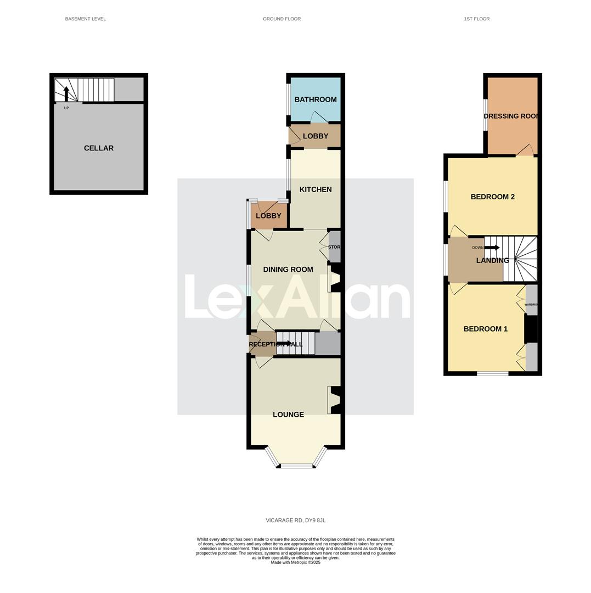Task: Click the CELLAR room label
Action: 99,148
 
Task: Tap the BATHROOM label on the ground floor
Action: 316,99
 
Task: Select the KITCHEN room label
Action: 316,189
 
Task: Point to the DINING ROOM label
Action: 288,270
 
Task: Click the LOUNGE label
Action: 289,415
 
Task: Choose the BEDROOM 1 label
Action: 486,329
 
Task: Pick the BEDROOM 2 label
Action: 493,197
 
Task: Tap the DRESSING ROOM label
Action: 511,116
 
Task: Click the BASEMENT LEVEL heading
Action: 86,19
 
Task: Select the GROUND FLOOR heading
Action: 282,19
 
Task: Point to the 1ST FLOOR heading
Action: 477,19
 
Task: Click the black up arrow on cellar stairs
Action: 66,93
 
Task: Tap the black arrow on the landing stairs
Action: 492,248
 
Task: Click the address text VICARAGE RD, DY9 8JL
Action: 296,521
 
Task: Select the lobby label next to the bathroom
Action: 316,136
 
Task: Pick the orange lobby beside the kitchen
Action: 268,216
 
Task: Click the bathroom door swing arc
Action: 319,116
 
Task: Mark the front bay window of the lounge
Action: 296,465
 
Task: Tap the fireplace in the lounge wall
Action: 334,400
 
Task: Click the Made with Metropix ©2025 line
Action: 296,562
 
